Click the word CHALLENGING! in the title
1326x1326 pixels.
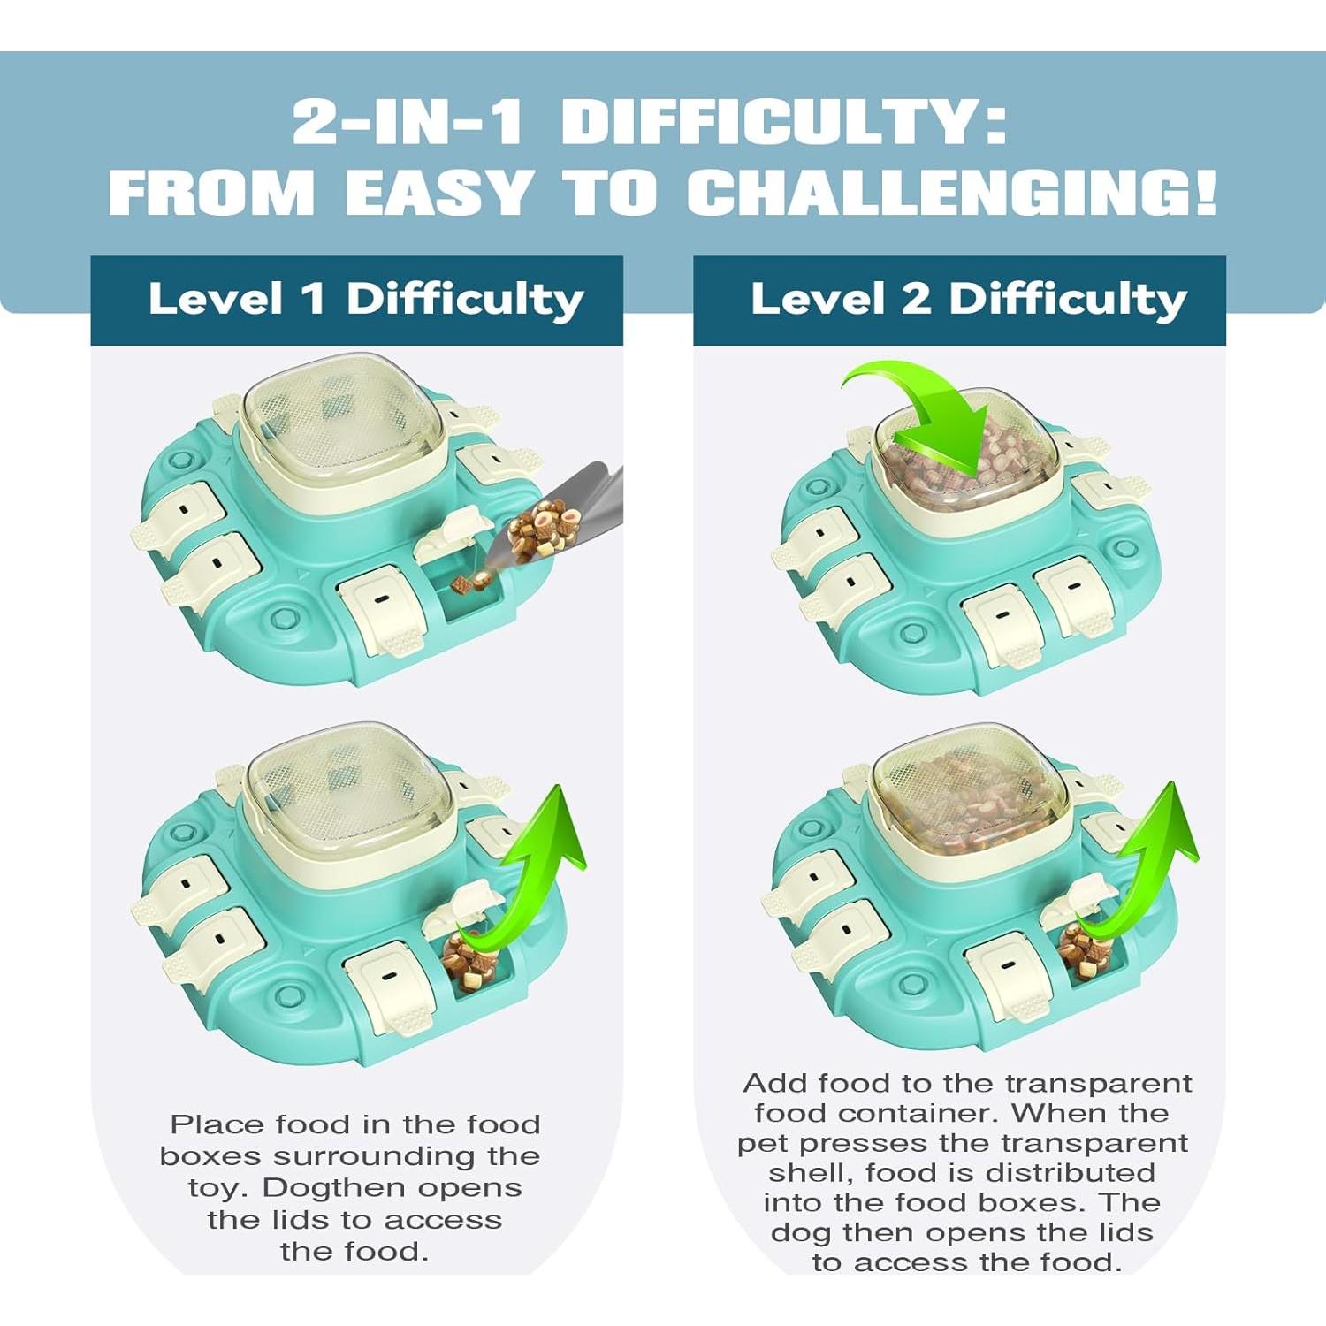click(x=951, y=192)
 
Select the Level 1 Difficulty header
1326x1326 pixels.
click(x=365, y=300)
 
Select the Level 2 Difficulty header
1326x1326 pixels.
click(x=968, y=300)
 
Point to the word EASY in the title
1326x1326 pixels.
click(x=438, y=192)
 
